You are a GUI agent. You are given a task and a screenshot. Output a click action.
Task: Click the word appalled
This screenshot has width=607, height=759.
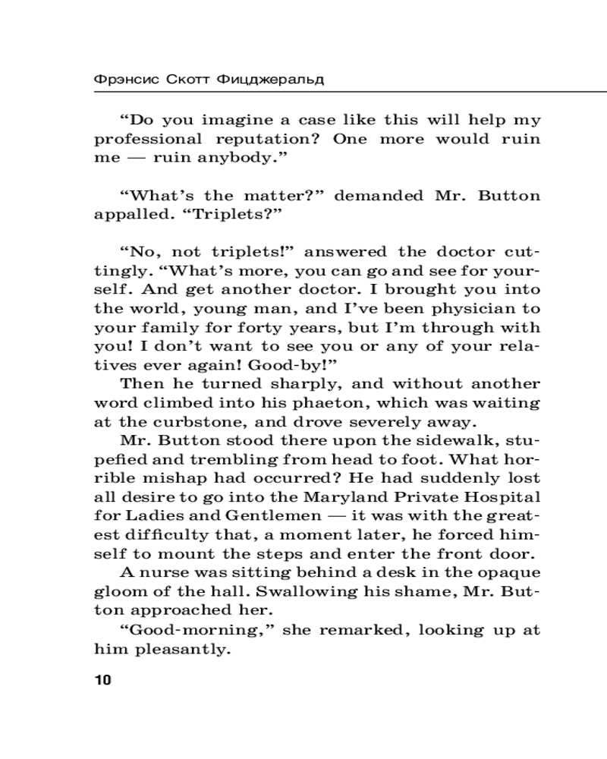tap(129, 215)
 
